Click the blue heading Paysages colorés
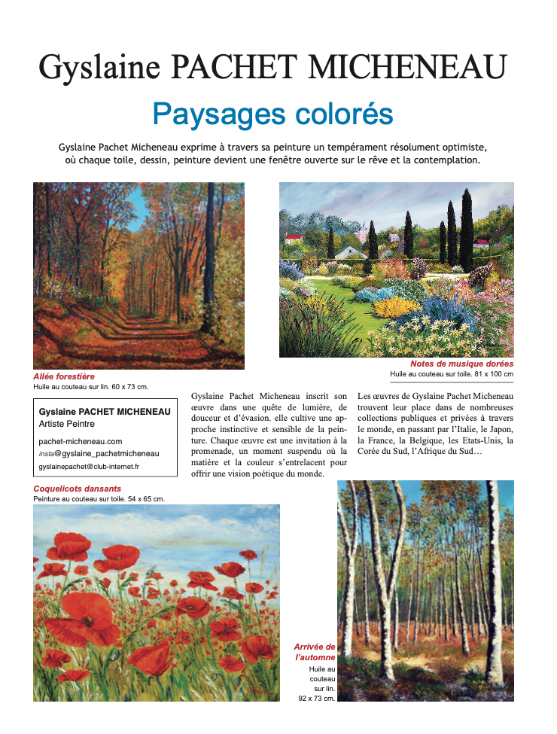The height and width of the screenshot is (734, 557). pyautogui.click(x=272, y=114)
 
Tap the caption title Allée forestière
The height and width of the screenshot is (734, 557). pyautogui.click(x=64, y=376)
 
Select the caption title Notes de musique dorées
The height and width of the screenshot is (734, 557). pyautogui.click(x=462, y=364)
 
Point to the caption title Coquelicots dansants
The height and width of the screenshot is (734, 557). pyautogui.click(x=78, y=489)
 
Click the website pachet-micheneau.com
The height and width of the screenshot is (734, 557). pyautogui.click(x=81, y=441)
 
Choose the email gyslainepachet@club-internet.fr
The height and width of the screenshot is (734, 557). pyautogui.click(x=89, y=467)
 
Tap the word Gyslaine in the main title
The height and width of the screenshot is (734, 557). pyautogui.click(x=99, y=66)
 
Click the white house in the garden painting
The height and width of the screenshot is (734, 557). pyautogui.click(x=351, y=252)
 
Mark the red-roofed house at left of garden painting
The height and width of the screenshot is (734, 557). pyautogui.click(x=293, y=239)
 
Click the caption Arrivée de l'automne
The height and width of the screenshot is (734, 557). pyautogui.click(x=315, y=652)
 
